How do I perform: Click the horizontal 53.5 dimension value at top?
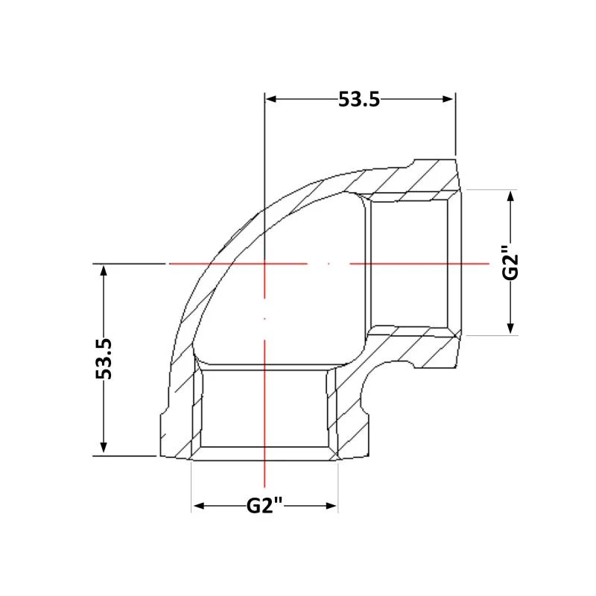click(359, 100)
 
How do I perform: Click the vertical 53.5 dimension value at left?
click(104, 359)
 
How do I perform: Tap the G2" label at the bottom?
click(264, 506)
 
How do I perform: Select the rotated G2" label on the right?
click(510, 263)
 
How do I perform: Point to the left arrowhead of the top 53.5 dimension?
click(270, 99)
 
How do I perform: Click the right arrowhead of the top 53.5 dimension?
click(448, 99)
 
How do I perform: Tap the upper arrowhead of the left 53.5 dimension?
click(104, 270)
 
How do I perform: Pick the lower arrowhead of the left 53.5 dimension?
click(104, 448)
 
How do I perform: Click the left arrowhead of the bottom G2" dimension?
click(199, 506)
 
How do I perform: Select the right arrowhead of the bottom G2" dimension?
click(331, 506)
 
